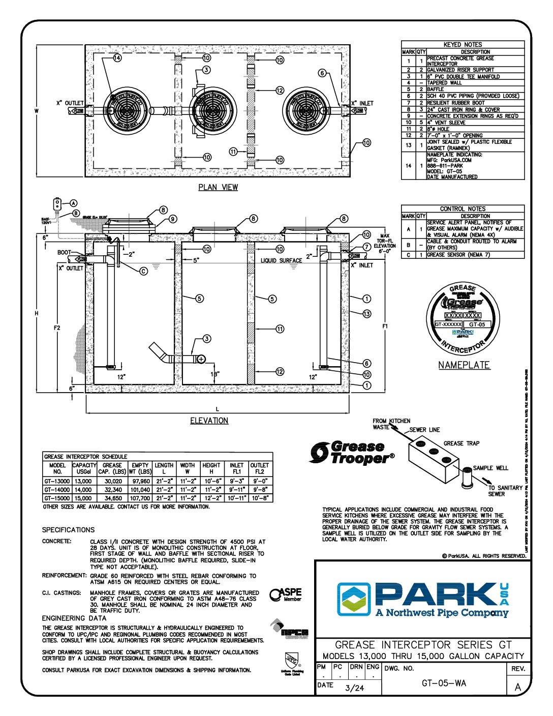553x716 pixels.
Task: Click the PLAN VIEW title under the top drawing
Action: pos(218,187)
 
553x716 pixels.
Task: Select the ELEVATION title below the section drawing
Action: pos(209,421)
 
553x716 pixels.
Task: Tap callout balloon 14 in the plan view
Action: pos(117,58)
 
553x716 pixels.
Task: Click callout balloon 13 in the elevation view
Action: pos(366,314)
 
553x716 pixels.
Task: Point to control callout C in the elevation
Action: pos(144,271)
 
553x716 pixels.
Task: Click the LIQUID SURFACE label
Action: pos(281,260)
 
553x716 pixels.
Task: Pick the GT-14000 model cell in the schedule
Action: pos(57,490)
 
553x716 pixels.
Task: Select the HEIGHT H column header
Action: pos(211,468)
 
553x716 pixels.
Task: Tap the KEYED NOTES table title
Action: pos(463,45)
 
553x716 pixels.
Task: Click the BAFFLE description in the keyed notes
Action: pos(436,89)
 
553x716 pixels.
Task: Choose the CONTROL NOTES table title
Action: pos(463,208)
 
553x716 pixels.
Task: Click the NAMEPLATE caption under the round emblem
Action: pos(464,365)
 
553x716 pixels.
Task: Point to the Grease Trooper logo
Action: pos(352,453)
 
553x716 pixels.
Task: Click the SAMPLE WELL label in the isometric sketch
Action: pos(490,468)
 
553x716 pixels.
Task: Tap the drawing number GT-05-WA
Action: pos(444,683)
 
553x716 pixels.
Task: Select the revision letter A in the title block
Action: pos(518,687)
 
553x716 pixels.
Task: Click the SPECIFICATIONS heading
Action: pos(68,530)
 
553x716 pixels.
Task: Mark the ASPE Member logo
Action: pos(286,594)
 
